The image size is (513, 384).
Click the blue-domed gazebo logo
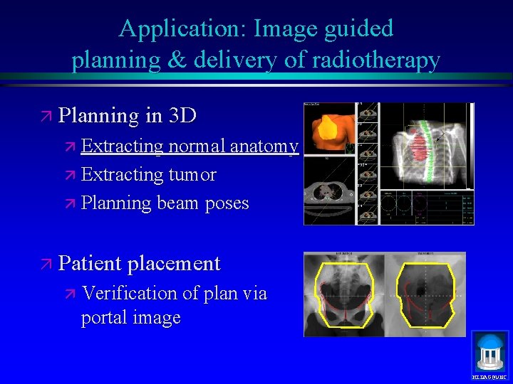(490, 350)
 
